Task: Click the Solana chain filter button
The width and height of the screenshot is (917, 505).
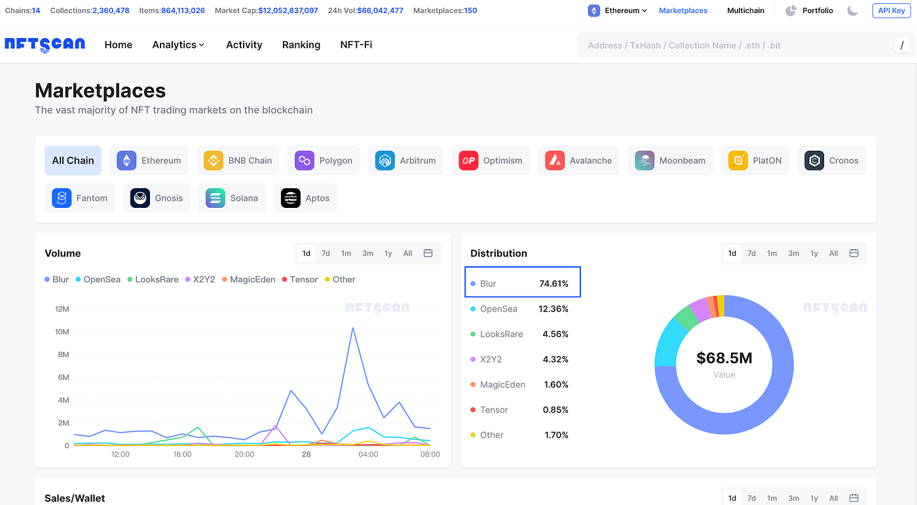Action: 232,198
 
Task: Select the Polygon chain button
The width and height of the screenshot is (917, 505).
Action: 324,161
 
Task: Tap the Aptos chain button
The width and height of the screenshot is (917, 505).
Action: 305,198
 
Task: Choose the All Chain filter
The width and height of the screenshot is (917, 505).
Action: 73,161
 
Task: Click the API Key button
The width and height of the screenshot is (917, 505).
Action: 891,10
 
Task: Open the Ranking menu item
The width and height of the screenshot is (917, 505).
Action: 301,45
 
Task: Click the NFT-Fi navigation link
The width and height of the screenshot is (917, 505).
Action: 356,45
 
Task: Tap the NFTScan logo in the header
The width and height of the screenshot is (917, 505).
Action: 45,45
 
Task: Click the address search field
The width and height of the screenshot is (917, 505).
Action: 734,45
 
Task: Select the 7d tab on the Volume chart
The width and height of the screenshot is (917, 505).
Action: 326,253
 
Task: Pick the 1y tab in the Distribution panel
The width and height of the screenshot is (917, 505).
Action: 814,253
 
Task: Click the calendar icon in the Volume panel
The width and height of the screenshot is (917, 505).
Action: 428,253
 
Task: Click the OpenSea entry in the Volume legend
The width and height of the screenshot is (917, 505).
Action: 98,279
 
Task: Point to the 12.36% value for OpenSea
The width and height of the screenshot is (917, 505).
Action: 553,309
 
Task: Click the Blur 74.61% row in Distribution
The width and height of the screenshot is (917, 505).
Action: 522,284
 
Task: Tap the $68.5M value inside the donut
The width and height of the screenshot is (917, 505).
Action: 724,358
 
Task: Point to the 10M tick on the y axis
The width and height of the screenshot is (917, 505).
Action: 62,332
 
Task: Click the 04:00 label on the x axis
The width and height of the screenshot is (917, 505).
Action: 368,454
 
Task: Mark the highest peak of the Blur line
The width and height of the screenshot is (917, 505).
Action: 353,327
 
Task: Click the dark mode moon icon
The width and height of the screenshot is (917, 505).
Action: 853,10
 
